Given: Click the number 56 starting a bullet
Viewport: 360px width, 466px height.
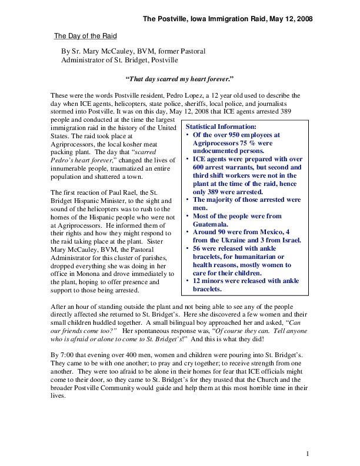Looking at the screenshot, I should pyautogui.click(x=198, y=249).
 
